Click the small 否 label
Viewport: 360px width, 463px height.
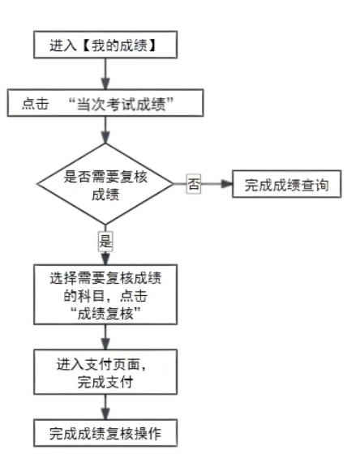pyautogui.click(x=194, y=185)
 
